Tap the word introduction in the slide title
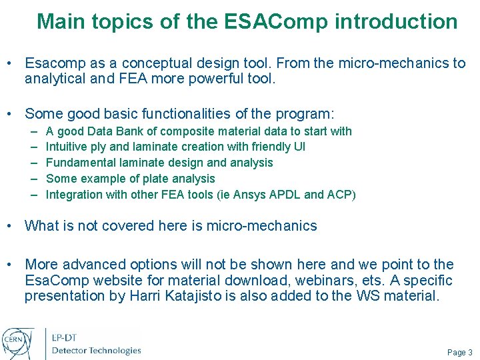tap(396, 22)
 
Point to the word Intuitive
tap(66, 147)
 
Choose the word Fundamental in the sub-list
tap(79, 163)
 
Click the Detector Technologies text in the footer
tap(97, 350)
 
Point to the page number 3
tap(470, 353)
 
